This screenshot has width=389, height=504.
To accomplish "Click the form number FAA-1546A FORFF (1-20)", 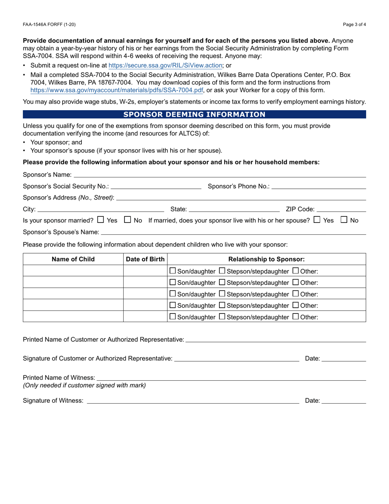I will tap(49, 25).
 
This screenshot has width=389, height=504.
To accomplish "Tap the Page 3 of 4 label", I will tap(354, 25).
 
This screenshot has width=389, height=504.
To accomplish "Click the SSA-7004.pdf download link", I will tap(117, 91).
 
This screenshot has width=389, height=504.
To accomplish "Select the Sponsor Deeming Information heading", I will tap(194, 114).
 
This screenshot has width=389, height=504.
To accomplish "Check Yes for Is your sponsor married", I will tap(101, 220).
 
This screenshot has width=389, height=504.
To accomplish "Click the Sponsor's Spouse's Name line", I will tap(233, 232).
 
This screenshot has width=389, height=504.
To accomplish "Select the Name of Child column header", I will tap(73, 259).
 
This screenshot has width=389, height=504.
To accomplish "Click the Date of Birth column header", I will tap(145, 259).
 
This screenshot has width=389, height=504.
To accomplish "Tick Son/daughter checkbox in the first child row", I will tap(173, 271).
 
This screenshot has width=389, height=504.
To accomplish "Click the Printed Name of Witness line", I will tap(231, 377).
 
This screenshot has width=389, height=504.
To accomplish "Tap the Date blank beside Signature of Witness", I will tap(344, 401).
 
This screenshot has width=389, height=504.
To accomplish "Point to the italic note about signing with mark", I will tap(84, 385).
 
